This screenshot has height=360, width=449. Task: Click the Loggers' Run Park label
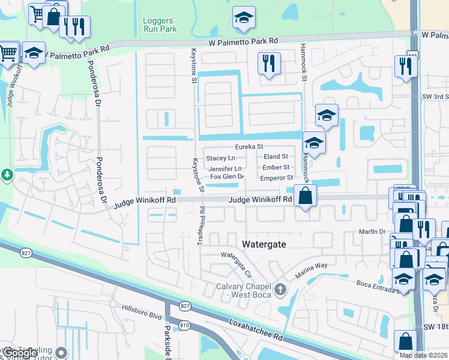click(x=160, y=25)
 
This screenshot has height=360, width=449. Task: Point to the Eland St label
click(x=276, y=157)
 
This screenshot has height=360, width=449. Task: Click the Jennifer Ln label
click(x=225, y=169)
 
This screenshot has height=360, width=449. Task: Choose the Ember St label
click(x=276, y=167)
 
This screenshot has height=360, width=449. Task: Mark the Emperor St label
click(x=276, y=178)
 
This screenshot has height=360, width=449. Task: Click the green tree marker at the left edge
click(x=7, y=175)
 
